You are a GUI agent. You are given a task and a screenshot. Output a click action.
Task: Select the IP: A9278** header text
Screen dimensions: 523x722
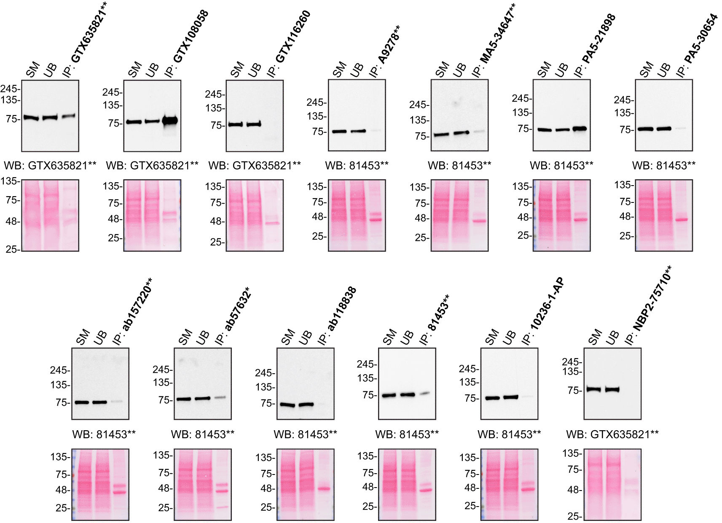pyautogui.click(x=385, y=51)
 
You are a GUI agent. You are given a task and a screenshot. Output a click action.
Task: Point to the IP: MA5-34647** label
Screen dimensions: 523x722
pyautogui.click(x=494, y=40)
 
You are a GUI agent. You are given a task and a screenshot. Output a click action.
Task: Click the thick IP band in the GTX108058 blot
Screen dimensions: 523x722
pyautogui.click(x=170, y=121)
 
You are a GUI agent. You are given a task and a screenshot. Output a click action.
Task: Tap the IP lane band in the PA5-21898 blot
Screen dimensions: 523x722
pyautogui.click(x=580, y=129)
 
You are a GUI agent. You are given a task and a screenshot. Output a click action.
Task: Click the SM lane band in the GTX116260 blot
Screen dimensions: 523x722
pyautogui.click(x=236, y=124)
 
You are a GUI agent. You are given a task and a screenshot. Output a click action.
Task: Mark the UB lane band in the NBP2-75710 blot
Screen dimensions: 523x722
pyautogui.click(x=612, y=389)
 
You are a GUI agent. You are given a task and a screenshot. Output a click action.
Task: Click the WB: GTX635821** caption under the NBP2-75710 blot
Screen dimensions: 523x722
pyautogui.click(x=612, y=434)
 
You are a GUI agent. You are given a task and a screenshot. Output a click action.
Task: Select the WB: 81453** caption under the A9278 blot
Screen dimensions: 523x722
pyautogui.click(x=357, y=165)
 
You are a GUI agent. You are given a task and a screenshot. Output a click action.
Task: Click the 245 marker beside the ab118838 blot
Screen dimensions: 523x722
pyautogui.click(x=264, y=373)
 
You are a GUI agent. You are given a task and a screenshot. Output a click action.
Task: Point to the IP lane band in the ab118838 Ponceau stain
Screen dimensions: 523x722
pyautogui.click(x=324, y=489)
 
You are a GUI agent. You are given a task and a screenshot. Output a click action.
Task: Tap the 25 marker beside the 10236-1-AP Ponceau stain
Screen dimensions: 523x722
pyautogui.click(x=471, y=506)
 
